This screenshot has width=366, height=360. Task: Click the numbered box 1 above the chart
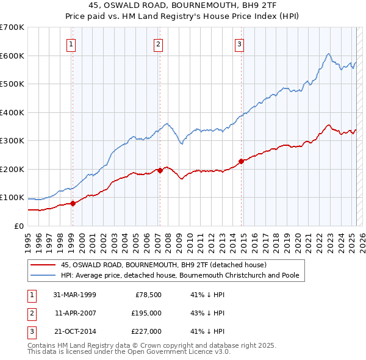pyautogui.click(x=72, y=43)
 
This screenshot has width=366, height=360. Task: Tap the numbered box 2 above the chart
pyautogui.click(x=158, y=43)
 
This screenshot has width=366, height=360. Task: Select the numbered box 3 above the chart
pyautogui.click(x=240, y=43)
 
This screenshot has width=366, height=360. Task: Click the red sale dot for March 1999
pyautogui.click(x=73, y=204)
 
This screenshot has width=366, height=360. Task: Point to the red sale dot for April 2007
pyautogui.click(x=160, y=170)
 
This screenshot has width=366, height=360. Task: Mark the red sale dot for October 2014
pyautogui.click(x=241, y=161)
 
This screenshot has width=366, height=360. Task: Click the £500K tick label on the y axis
pyautogui.click(x=12, y=84)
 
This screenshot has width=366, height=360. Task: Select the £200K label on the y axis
pyautogui.click(x=12, y=169)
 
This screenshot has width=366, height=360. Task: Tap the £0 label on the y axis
pyautogui.click(x=18, y=226)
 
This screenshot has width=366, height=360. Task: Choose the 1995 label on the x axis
pyautogui.click(x=28, y=238)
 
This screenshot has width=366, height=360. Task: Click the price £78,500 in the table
pyautogui.click(x=147, y=295)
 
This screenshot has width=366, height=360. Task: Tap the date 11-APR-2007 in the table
pyautogui.click(x=75, y=313)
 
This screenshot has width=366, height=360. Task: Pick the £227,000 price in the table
pyautogui.click(x=147, y=331)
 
